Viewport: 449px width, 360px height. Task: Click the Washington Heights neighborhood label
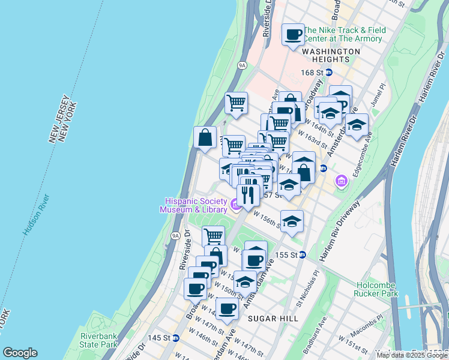[x=331, y=52]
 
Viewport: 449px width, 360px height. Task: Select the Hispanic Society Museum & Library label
[x=193, y=205]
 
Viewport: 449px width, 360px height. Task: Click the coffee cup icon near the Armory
[x=294, y=35]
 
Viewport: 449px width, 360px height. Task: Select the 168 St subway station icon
[x=329, y=73]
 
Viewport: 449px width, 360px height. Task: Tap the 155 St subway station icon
[x=303, y=254]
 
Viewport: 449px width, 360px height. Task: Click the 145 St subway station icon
[x=175, y=338]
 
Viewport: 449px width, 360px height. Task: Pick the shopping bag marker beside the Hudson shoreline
[x=205, y=138]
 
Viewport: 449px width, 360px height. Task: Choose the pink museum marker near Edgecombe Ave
[x=342, y=180]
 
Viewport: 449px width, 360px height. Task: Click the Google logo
[x=20, y=353]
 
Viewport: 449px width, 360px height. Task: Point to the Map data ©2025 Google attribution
[x=412, y=355]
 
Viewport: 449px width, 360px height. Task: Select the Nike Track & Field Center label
[x=343, y=34]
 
